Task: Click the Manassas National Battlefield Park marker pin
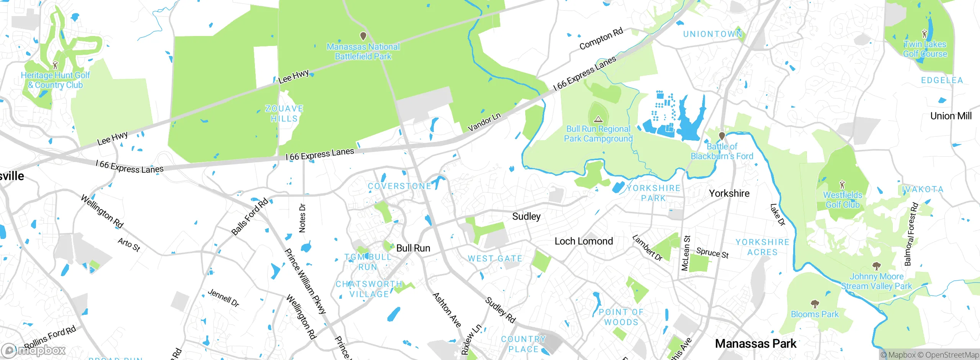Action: tap(363, 36)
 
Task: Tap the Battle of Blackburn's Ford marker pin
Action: tap(722, 136)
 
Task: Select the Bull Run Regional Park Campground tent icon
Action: tap(598, 119)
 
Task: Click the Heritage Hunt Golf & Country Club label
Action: tap(56, 80)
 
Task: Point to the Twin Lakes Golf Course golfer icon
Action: tap(925, 34)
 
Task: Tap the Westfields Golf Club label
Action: tap(843, 200)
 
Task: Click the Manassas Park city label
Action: tap(756, 344)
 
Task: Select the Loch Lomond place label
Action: tap(584, 241)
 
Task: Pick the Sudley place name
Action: tap(526, 216)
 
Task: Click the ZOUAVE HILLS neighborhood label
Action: tap(284, 114)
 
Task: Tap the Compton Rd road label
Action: tap(601, 39)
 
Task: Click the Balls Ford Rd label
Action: tap(250, 217)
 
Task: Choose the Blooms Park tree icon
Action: tap(815, 304)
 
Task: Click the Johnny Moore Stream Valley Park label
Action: tap(877, 281)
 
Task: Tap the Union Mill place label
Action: tap(951, 116)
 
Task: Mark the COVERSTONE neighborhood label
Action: tap(399, 186)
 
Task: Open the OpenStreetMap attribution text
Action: tap(952, 355)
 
